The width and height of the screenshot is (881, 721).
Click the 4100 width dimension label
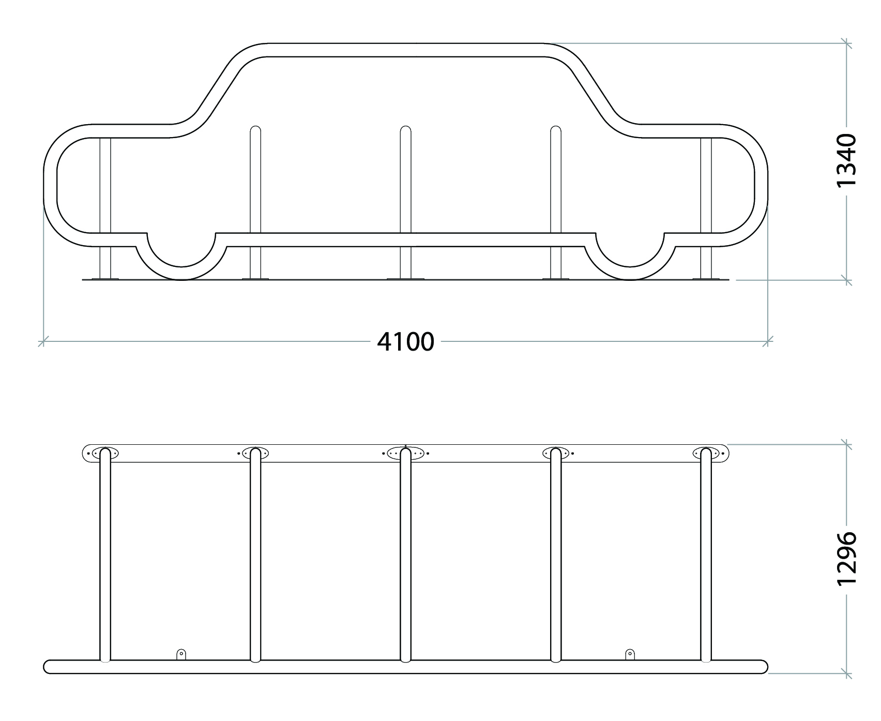point(405,342)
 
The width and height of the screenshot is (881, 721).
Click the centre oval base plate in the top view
point(405,454)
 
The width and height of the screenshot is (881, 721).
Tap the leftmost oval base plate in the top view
point(105,453)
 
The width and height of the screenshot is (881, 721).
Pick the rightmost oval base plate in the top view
point(706,454)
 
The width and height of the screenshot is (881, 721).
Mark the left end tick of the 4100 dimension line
point(44,341)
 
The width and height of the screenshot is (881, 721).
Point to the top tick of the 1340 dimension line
point(846,43)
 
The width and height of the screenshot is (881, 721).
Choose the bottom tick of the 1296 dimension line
point(846,673)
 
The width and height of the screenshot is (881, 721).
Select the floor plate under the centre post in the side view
point(405,279)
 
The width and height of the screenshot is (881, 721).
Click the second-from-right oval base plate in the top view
point(556,454)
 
